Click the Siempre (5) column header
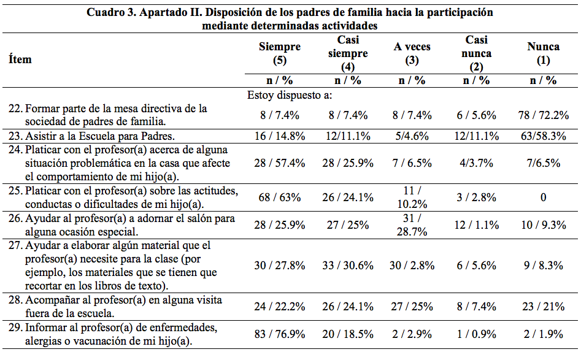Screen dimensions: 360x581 pyautogui.click(x=280, y=54)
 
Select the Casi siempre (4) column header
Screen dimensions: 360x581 pyautogui.click(x=348, y=54)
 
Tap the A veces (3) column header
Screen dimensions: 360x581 pyautogui.click(x=412, y=54)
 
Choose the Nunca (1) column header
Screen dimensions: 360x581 pyautogui.click(x=543, y=54)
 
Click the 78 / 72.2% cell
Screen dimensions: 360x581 pyautogui.click(x=543, y=115)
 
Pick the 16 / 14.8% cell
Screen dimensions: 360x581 pyautogui.click(x=280, y=136)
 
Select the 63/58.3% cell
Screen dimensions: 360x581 pyautogui.click(x=543, y=136)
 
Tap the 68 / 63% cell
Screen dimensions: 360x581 pyautogui.click(x=280, y=198)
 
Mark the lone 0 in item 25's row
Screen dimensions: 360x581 pyautogui.click(x=543, y=198)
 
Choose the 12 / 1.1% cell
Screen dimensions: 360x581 pyautogui.click(x=477, y=225)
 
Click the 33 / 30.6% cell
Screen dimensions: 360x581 pyautogui.click(x=348, y=266)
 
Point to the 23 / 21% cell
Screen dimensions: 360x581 pyautogui.click(x=543, y=306)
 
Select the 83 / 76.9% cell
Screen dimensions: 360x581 pyautogui.click(x=280, y=334)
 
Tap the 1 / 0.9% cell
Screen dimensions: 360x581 pyautogui.click(x=477, y=334)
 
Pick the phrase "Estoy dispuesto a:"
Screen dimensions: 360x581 pyautogui.click(x=290, y=95)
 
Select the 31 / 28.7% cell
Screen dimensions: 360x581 pyautogui.click(x=412, y=225)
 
